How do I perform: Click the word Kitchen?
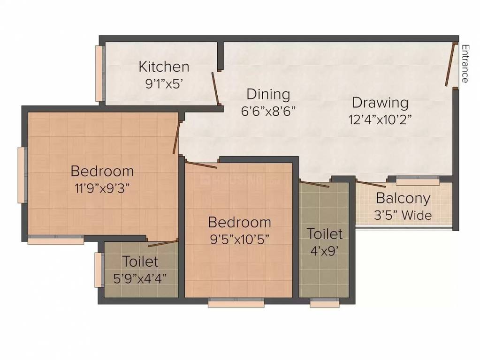[x=164, y=67]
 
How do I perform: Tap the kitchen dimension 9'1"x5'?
[x=164, y=84]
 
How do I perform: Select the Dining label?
[x=268, y=94]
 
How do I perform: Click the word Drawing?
[x=380, y=102]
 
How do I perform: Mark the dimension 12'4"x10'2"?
[x=380, y=119]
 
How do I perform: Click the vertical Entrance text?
[x=465, y=63]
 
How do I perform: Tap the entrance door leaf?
[x=451, y=65]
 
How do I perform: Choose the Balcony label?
[x=403, y=198]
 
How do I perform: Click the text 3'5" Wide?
[x=403, y=215]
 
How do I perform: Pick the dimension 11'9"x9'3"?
[x=102, y=188]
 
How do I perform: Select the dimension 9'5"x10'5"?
[x=239, y=239]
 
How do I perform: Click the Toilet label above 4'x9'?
[x=325, y=233]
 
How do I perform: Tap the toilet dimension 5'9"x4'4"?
[x=140, y=278]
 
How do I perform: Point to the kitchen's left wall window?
[x=99, y=73]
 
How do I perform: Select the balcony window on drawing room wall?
[x=417, y=179]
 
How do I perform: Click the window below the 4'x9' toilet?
[x=325, y=304]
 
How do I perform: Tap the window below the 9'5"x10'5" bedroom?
[x=236, y=304]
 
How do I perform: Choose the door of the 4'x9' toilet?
[x=314, y=183]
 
